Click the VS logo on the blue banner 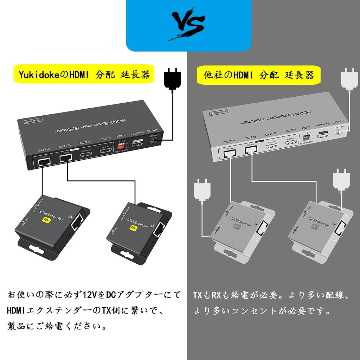[188, 26]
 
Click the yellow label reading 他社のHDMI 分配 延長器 [259, 75]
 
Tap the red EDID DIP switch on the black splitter [122, 145]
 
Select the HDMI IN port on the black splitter [138, 143]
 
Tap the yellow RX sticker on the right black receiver [133, 227]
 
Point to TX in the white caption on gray [198, 295]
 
